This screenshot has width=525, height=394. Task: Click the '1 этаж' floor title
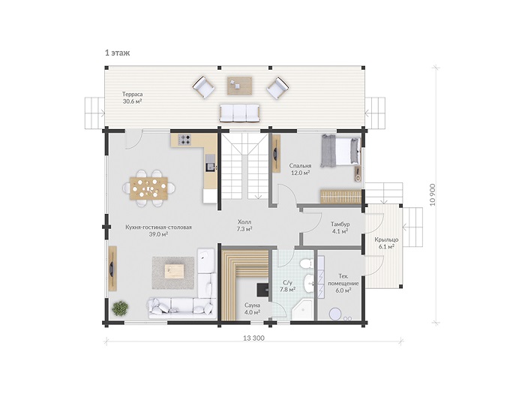pos(117,53)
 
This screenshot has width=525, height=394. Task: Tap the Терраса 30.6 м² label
pos(132,98)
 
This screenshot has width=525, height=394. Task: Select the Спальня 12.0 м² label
pos(300,169)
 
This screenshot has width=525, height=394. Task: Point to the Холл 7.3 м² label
pos(244,225)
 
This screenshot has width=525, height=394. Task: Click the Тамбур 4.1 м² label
pos(340,227)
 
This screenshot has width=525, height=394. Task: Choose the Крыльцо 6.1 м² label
pos(386,243)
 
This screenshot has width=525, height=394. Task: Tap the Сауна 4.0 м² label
pos(253,309)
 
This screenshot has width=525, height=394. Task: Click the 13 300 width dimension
pos(253,338)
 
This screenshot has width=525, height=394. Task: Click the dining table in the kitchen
pos(149,188)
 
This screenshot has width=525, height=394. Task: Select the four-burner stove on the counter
pos(184,140)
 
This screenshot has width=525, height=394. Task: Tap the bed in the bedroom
pos(340,151)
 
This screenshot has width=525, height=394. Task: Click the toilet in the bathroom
pos(306,263)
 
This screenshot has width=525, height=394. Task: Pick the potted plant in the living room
pos(120,308)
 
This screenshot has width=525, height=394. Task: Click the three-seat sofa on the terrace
pos(239,113)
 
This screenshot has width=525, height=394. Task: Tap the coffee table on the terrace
pos(239,86)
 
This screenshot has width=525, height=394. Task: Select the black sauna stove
pos(262,290)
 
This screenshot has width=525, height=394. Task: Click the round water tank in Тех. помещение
pos(335,314)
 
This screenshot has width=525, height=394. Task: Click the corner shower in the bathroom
pos(302,309)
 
